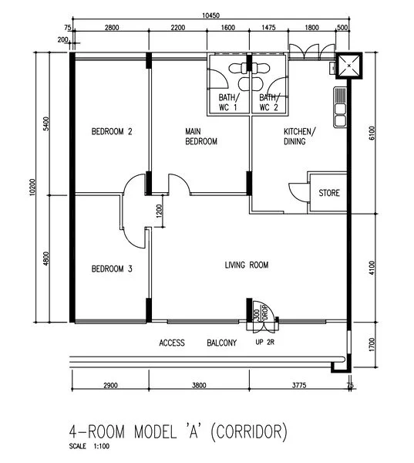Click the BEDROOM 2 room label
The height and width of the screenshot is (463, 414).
point(112,132)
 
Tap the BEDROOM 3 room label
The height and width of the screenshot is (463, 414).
point(112,269)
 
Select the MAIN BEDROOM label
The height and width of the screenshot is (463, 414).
point(200,137)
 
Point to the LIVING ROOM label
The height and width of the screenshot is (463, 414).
point(246,265)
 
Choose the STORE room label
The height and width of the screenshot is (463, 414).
point(329,193)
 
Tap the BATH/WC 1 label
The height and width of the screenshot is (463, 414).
point(228,102)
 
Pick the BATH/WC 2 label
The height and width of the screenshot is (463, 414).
point(268,102)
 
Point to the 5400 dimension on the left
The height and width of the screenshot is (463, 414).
point(47,123)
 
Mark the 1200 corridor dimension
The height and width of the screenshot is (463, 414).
point(159,211)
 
